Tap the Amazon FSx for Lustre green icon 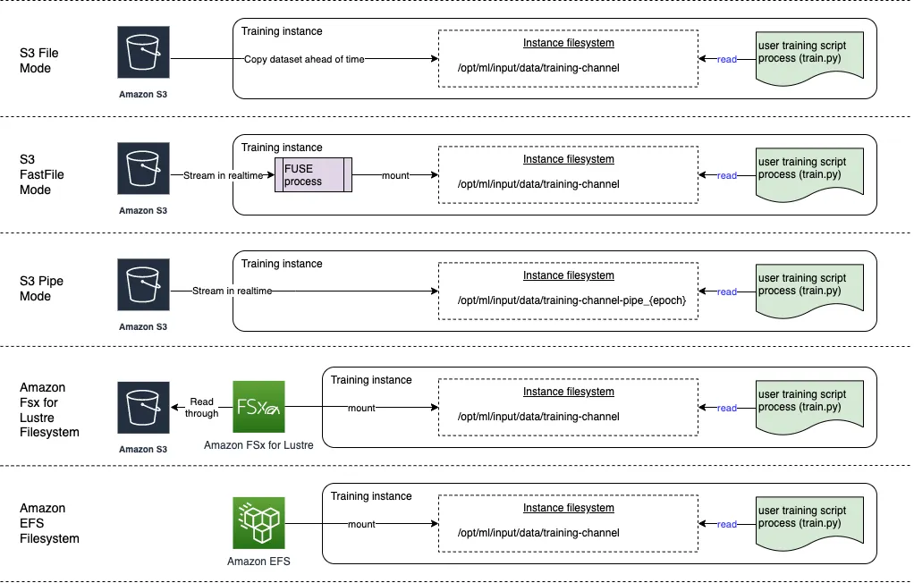(258, 408)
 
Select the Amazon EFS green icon (258, 523)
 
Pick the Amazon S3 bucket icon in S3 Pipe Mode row (143, 285)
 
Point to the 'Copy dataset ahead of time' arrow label (304, 59)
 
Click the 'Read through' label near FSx (202, 408)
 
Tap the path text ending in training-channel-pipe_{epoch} (571, 300)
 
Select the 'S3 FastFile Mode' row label (42, 175)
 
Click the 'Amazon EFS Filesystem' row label (49, 523)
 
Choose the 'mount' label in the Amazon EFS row (361, 524)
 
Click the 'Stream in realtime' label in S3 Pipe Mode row (233, 291)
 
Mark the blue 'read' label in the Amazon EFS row (727, 524)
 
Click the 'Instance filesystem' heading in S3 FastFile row (568, 160)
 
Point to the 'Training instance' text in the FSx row (371, 380)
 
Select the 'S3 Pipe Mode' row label (42, 288)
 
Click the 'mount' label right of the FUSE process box (395, 175)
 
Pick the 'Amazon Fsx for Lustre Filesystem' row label (49, 410)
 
